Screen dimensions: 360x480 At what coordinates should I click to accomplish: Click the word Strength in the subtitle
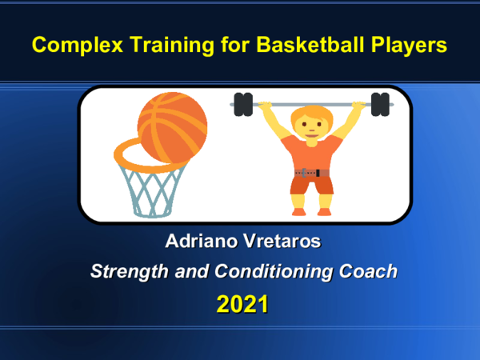point(126,272)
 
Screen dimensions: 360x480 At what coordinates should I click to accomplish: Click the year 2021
point(241,304)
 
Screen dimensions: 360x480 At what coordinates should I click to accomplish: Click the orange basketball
point(172,125)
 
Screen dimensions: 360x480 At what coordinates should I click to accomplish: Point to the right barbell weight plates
point(380,104)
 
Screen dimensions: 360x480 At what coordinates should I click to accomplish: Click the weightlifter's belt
point(311,172)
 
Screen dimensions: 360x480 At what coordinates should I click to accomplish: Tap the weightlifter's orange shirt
point(311,152)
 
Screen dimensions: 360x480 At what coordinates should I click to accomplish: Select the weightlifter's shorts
point(311,186)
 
